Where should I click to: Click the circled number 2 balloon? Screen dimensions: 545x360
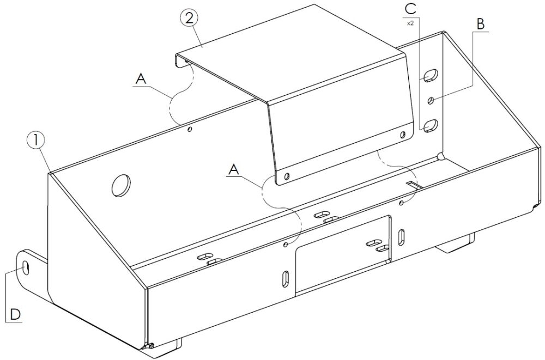189,17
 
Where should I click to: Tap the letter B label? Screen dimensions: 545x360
480,24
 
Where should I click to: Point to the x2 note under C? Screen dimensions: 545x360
410,23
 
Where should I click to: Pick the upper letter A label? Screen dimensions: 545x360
141,78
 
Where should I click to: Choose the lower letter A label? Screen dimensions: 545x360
234,170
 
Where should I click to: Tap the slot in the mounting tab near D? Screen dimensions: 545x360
26,267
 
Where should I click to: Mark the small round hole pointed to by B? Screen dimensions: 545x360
431,100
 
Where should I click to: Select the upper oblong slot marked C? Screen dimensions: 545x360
431,75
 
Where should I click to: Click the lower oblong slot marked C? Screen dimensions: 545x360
431,125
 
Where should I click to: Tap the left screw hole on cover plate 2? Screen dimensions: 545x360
287,176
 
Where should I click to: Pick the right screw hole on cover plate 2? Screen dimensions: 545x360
403,135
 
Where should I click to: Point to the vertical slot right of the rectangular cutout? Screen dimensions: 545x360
401,237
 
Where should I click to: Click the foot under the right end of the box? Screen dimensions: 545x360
455,243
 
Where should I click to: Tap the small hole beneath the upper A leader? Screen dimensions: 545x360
190,130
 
